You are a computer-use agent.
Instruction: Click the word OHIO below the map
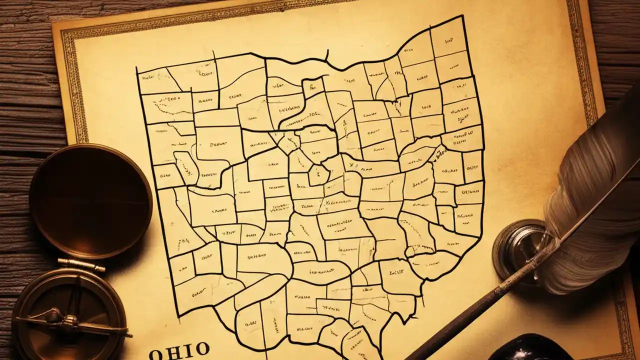pyautogui.click(x=179, y=350)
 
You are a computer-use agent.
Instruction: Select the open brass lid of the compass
pyautogui.click(x=90, y=200)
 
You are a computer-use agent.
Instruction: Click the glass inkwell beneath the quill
pyautogui.click(x=520, y=250)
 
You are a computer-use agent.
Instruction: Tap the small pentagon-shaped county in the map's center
pyautogui.click(x=318, y=175)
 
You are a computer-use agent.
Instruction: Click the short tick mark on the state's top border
pyautogui.click(x=327, y=54)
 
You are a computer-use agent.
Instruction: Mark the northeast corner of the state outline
pyautogui.click(x=461, y=16)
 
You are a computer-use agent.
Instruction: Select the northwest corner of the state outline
pyautogui.click(x=137, y=69)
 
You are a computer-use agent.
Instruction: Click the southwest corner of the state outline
pyautogui.click(x=179, y=316)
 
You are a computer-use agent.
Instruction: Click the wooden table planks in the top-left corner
pyautogui.click(x=25, y=30)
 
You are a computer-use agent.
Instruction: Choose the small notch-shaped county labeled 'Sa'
pyautogui.click(x=313, y=88)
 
